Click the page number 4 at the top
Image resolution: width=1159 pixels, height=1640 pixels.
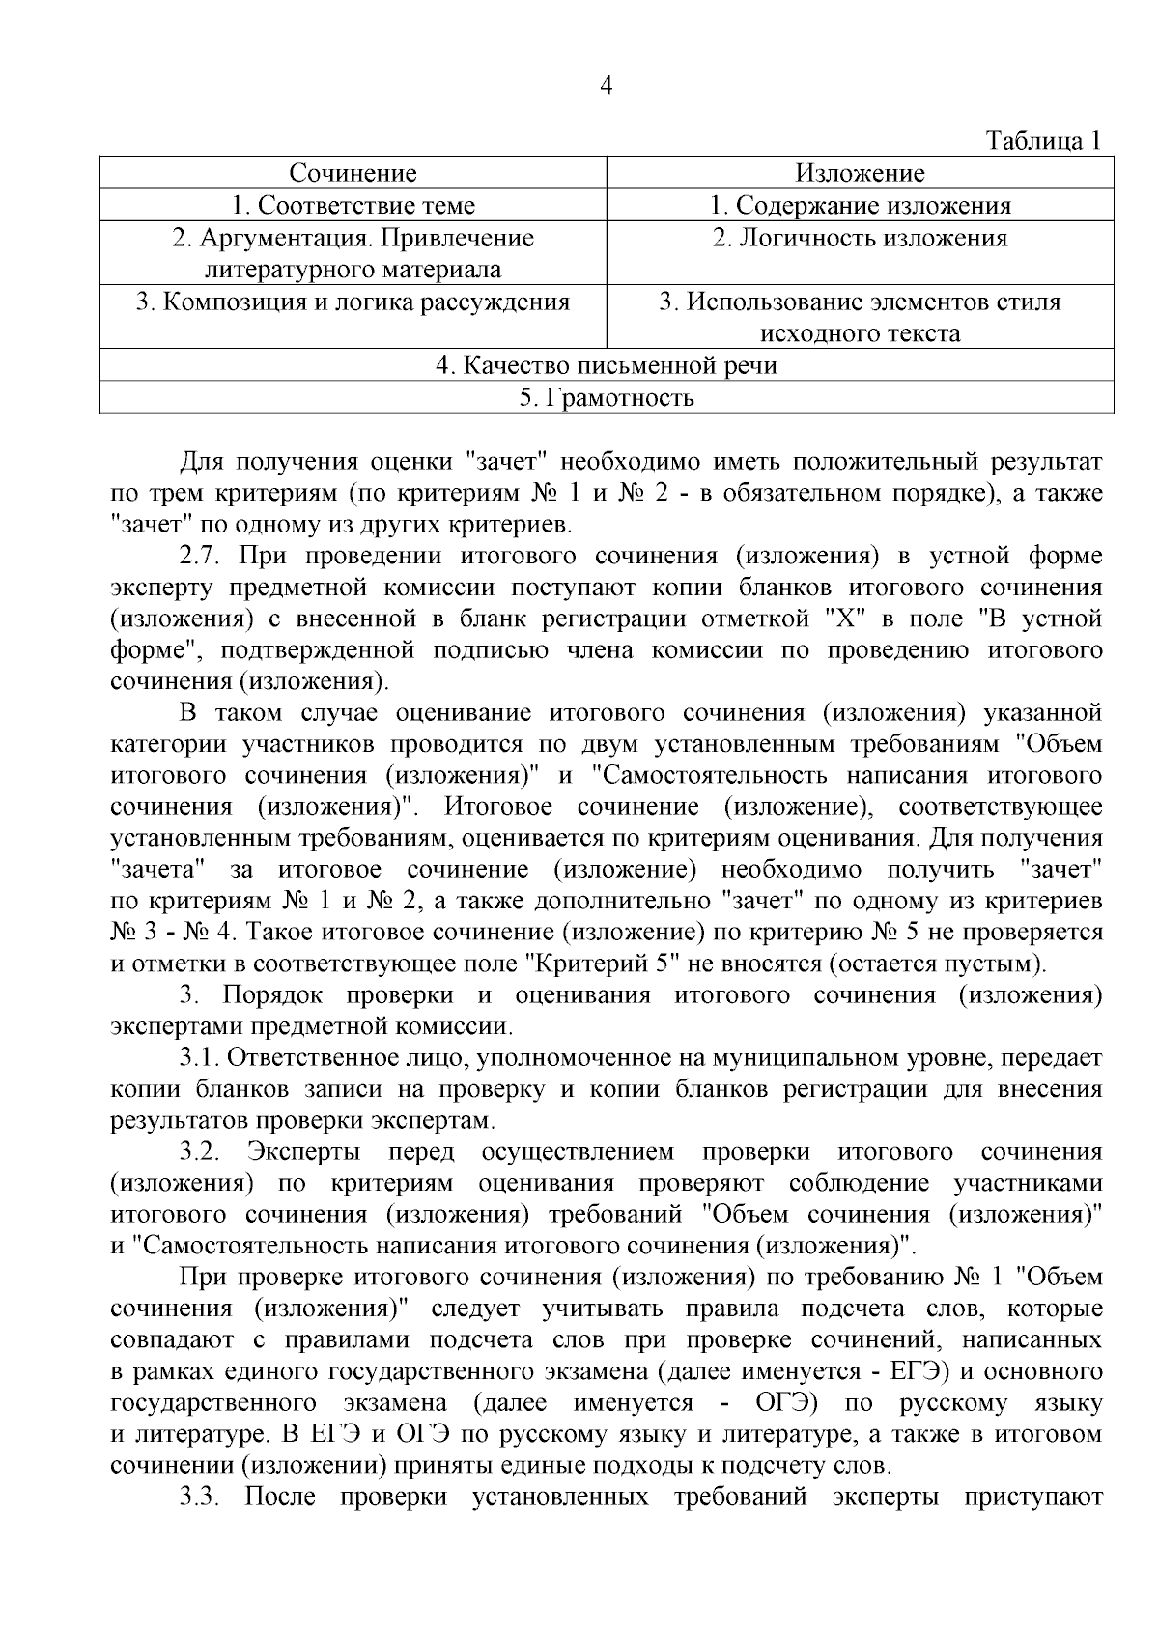click(x=606, y=87)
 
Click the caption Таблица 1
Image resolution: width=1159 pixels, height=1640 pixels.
click(x=1042, y=141)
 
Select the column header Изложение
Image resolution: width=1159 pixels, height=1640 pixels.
click(x=860, y=173)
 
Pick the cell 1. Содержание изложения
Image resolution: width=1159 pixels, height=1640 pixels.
click(x=860, y=205)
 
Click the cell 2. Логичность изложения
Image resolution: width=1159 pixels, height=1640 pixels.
click(x=860, y=238)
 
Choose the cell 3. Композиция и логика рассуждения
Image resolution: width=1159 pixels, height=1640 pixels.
click(x=353, y=302)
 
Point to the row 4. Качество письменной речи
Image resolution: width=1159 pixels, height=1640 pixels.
click(x=606, y=365)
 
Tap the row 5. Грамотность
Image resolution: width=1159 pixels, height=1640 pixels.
click(x=606, y=397)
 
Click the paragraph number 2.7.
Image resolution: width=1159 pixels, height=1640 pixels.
click(x=200, y=556)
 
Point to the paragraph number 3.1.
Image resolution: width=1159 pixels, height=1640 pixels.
click(x=200, y=1058)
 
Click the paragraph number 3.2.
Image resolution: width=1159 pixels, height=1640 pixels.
click(x=200, y=1152)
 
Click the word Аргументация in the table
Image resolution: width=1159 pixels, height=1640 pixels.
click(x=274, y=238)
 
